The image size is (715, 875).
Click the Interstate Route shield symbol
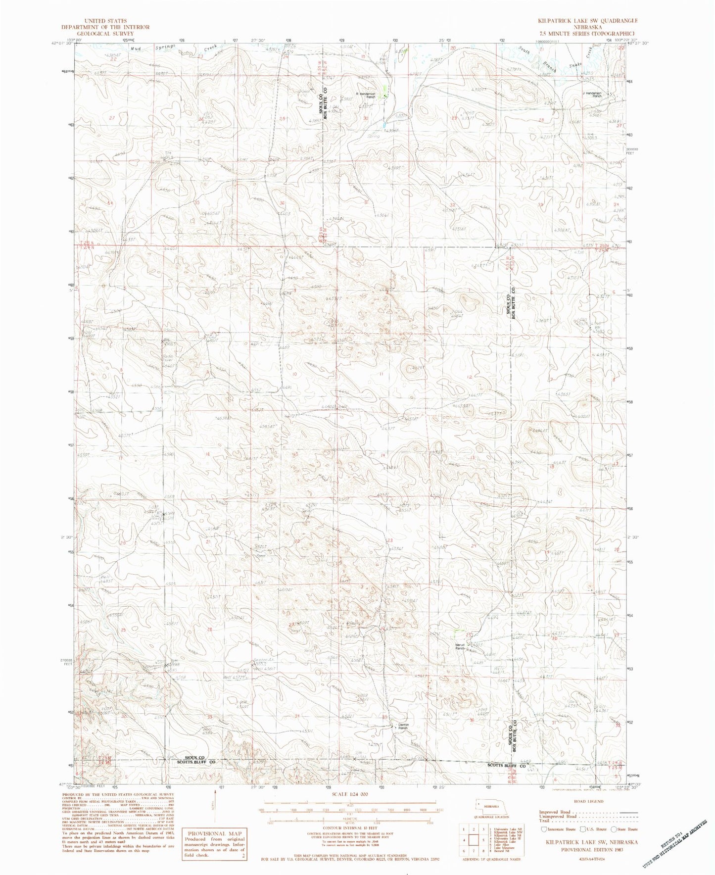click(x=545, y=829)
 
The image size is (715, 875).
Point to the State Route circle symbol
click(x=615, y=829)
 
